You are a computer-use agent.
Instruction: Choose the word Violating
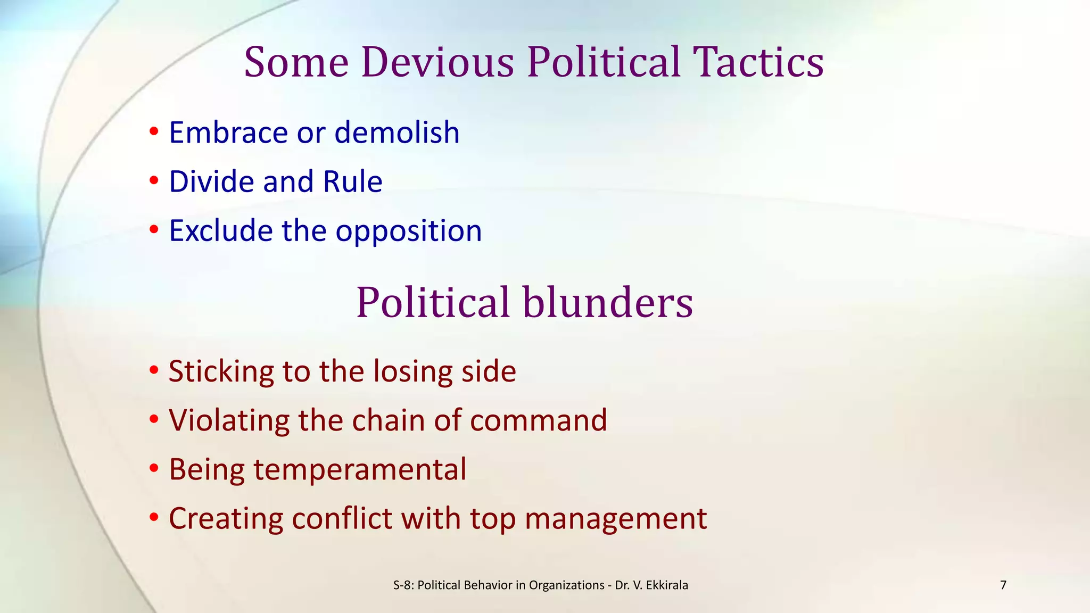click(x=229, y=420)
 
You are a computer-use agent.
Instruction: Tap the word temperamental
click(x=360, y=470)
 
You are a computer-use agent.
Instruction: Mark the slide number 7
click(x=1003, y=585)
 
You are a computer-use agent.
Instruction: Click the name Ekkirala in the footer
click(x=667, y=585)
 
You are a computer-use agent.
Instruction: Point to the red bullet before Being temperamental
click(x=154, y=469)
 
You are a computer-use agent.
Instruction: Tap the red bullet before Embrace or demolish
click(x=154, y=131)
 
